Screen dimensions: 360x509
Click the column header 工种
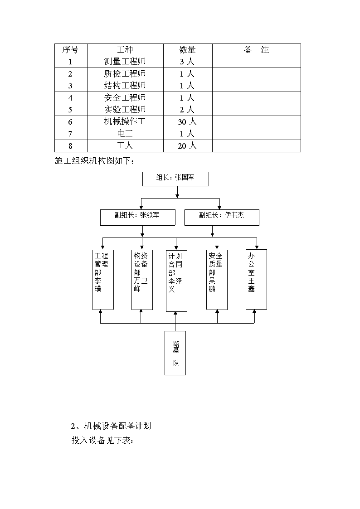(x=125, y=50)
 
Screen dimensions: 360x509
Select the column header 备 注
(x=257, y=50)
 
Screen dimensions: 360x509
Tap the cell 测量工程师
(x=125, y=62)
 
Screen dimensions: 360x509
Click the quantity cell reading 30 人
(x=187, y=122)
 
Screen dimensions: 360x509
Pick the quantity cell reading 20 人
(x=187, y=146)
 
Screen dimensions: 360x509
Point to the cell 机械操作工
(x=125, y=122)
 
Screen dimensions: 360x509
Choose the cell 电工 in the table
(x=125, y=134)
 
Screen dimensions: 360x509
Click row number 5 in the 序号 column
(x=70, y=110)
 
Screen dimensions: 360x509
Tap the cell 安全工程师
(x=125, y=98)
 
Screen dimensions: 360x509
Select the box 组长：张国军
(x=175, y=179)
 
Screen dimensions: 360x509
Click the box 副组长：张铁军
(x=138, y=217)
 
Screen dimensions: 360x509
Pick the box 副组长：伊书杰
(x=222, y=217)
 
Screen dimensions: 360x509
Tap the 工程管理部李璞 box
(x=103, y=280)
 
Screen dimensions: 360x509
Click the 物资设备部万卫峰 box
(x=142, y=280)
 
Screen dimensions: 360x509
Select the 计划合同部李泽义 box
(x=176, y=281)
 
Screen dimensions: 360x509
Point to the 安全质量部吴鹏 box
(x=217, y=280)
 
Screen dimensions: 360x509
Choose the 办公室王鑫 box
(x=257, y=280)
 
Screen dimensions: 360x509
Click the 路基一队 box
(x=175, y=353)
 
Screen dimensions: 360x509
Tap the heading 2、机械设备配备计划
(x=111, y=426)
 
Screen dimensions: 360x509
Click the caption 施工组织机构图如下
(x=94, y=161)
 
